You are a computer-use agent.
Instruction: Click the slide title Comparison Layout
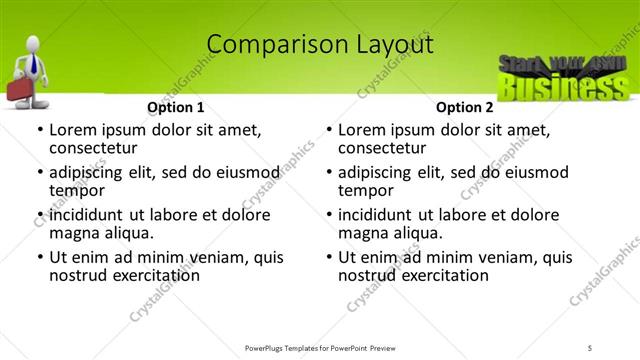320,44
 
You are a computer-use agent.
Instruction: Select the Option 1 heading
176,107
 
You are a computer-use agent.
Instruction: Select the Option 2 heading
464,107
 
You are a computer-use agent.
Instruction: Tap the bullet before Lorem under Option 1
39,130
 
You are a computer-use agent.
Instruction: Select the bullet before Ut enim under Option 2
328,257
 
